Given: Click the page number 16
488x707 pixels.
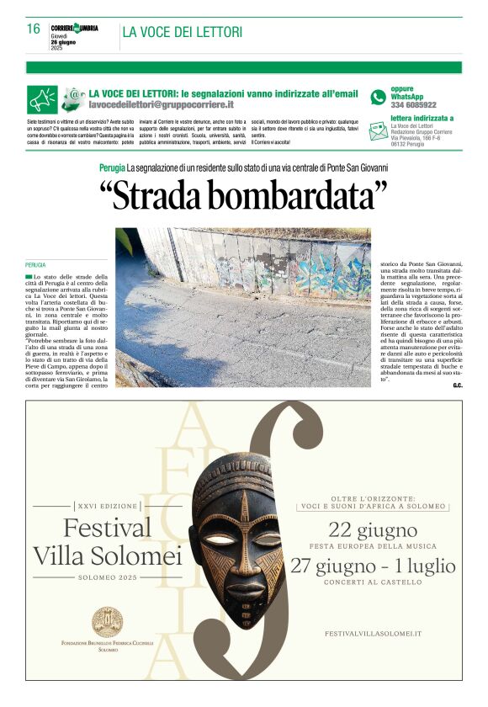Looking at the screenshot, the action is click(34, 29).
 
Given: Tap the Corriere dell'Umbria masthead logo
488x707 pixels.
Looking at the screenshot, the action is click(74, 28).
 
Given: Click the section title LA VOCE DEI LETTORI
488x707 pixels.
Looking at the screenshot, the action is click(182, 32).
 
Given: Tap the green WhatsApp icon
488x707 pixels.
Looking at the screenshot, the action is click(379, 97).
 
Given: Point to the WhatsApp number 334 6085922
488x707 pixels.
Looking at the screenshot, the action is click(413, 105).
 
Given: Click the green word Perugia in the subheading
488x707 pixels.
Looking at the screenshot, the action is click(111, 167).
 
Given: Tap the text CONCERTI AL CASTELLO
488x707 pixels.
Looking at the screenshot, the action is click(374, 582).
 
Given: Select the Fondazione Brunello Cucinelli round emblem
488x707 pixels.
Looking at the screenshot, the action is click(107, 623).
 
